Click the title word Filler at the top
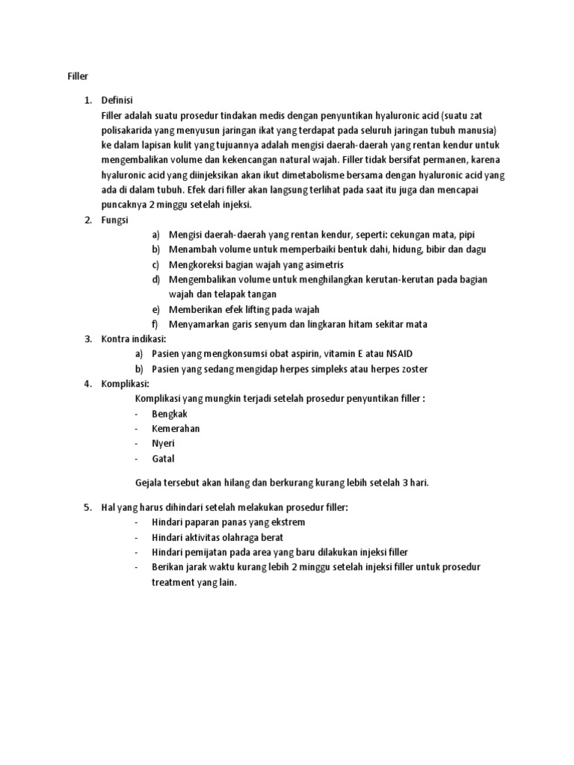point(69,75)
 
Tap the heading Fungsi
point(116,220)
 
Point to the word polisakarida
point(128,130)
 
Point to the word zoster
point(414,369)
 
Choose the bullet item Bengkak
point(170,414)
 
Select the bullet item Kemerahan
point(176,429)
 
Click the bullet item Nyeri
point(163,444)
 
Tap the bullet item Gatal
point(163,459)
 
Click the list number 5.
point(87,507)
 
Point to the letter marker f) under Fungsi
point(155,324)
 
